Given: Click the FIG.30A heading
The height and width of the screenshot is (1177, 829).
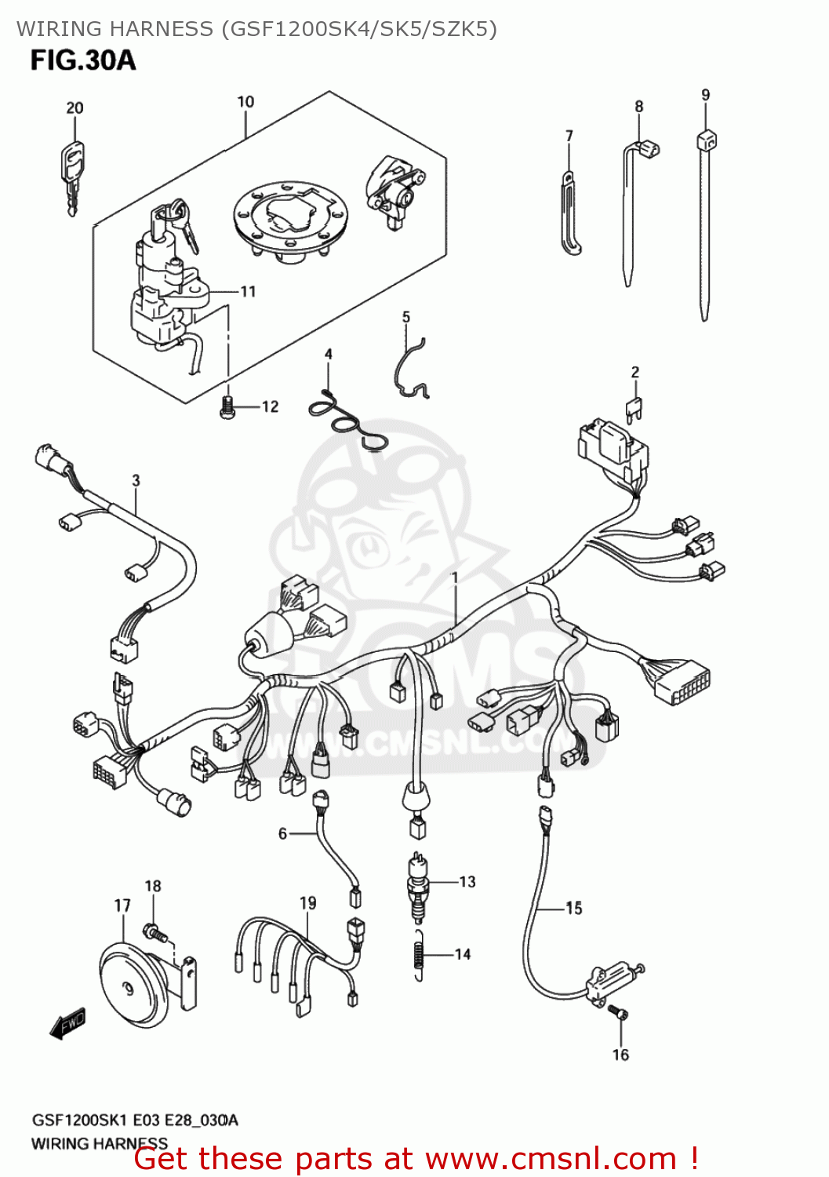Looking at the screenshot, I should (x=83, y=60).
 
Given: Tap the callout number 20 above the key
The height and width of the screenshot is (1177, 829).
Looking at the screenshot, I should (x=75, y=108).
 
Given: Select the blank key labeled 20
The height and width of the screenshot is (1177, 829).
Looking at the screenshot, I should (x=72, y=177).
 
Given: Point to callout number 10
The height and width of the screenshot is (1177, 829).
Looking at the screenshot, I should (x=245, y=102).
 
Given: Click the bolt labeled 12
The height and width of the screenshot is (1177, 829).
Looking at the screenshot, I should (x=228, y=407).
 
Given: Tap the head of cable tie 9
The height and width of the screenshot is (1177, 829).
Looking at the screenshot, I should (x=706, y=141).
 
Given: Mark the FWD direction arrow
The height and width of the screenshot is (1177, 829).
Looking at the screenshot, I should (x=67, y=1024).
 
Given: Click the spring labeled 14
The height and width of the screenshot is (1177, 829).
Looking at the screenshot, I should (x=420, y=954).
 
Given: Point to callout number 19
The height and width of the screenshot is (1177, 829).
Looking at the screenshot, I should (x=308, y=903).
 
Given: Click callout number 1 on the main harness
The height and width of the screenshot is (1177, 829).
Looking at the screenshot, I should (x=454, y=578).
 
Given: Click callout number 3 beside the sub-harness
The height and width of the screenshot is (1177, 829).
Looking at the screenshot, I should (x=136, y=480).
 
